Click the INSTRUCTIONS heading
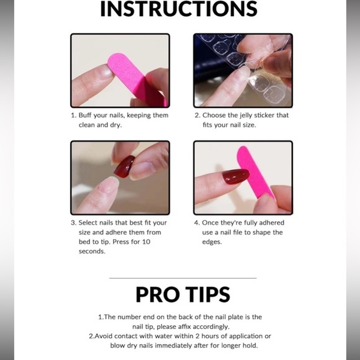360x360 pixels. point(179,9)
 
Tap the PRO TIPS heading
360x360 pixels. point(182,295)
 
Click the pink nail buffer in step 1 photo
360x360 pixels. point(135,78)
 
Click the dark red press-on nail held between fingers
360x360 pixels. point(124,166)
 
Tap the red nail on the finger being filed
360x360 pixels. point(236,176)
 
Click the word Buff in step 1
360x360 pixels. point(85,115)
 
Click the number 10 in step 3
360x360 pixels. point(146,242)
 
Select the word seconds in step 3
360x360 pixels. point(92,251)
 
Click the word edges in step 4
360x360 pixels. point(212,242)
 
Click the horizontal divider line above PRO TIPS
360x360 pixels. point(182,278)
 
